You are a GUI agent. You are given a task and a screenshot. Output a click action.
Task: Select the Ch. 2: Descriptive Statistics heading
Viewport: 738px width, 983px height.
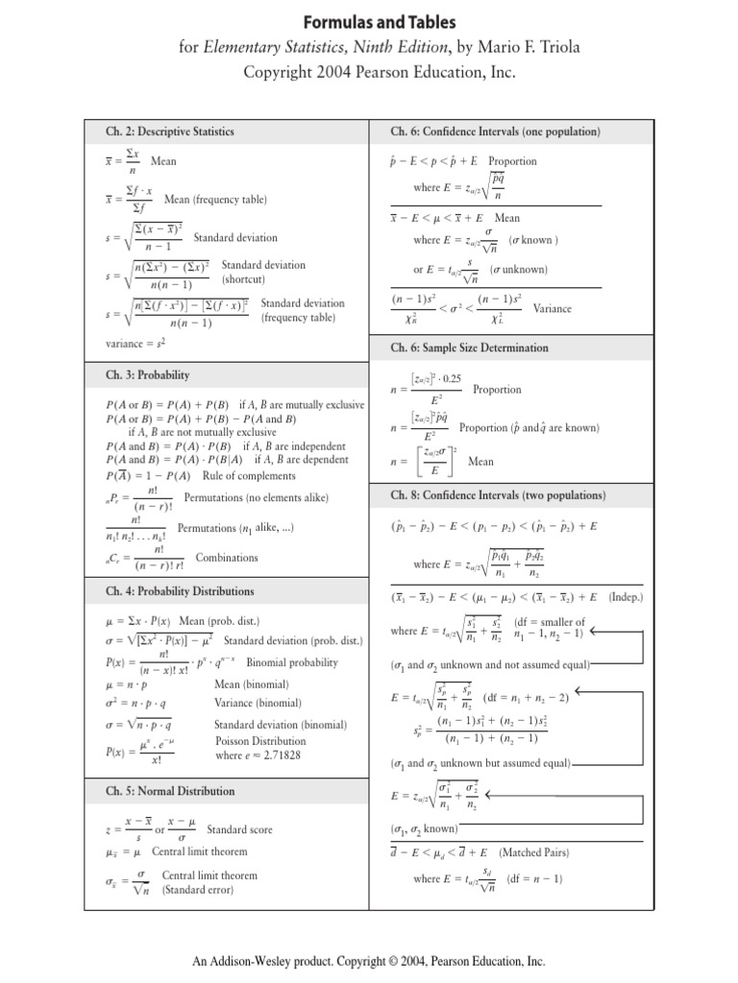170,132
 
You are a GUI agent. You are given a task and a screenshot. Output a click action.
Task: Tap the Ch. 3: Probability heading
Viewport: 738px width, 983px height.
148,374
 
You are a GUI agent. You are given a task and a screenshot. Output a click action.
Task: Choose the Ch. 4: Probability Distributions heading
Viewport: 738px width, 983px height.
180,591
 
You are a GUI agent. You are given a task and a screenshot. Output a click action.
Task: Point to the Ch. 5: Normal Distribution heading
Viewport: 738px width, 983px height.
170,791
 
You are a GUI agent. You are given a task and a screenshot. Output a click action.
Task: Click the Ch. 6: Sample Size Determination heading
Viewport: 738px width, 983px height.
469,348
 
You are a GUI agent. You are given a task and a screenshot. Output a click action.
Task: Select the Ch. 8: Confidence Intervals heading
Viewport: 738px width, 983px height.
498,495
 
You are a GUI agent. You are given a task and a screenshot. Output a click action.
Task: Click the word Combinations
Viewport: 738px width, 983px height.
227,557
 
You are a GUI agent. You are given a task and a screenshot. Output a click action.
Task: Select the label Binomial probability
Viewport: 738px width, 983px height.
292,662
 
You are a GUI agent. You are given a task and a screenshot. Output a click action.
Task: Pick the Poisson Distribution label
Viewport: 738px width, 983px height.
261,741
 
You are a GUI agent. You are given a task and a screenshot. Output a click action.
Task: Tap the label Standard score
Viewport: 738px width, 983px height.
240,828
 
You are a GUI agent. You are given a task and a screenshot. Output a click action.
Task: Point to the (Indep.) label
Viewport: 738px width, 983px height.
630,596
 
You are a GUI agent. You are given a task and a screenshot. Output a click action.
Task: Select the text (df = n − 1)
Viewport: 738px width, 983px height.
535,878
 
